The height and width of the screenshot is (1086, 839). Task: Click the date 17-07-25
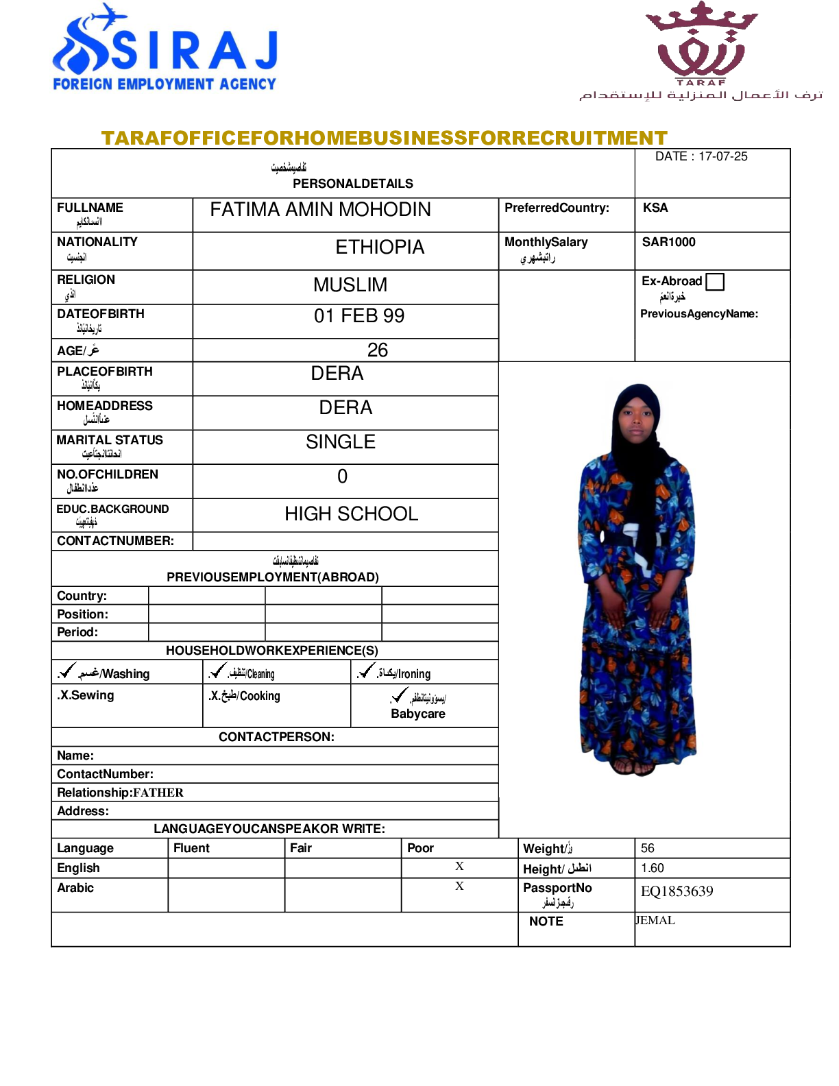pos(722,156)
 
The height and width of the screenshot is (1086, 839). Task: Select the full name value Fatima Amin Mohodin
pos(320,210)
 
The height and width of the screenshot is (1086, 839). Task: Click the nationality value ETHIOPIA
pos(380,248)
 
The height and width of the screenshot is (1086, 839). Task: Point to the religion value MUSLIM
pos(350,285)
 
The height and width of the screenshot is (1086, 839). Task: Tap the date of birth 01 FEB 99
pos(359,316)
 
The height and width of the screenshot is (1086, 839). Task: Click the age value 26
pos(377,350)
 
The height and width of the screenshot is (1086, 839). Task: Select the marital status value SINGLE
pos(341,442)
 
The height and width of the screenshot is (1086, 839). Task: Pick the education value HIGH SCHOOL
pos(351,514)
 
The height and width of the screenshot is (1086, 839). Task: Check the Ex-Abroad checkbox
pos(715,282)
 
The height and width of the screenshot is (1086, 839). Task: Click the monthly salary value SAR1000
pos(668,242)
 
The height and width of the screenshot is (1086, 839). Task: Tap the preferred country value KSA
pos(655,208)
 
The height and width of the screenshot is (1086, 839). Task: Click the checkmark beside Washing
pos(67,671)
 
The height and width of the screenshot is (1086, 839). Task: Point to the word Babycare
pos(418,714)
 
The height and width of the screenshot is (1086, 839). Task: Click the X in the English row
pos(459,867)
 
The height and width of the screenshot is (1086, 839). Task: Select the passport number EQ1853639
pos(677,891)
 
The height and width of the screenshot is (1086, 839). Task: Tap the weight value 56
pos(648,848)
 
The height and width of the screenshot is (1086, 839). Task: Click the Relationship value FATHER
pos(158,793)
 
